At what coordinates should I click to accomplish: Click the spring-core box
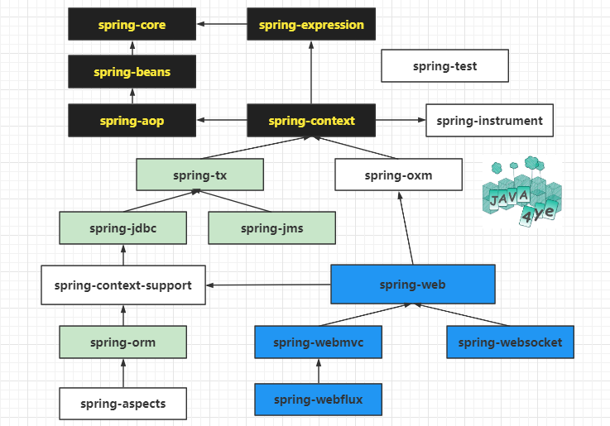click(x=132, y=24)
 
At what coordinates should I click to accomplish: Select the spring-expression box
click(x=311, y=24)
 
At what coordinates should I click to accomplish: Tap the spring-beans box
click(x=132, y=71)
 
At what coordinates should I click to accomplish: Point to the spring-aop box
click(x=132, y=121)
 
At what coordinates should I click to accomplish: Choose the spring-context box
click(x=311, y=121)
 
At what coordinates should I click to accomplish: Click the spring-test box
click(x=444, y=65)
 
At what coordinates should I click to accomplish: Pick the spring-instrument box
click(x=489, y=121)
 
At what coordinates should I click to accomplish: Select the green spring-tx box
click(x=199, y=175)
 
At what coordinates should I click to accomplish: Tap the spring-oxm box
click(x=398, y=175)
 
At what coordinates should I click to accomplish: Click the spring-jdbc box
click(x=123, y=228)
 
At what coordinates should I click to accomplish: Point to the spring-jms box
click(x=272, y=228)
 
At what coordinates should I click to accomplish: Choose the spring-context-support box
click(x=123, y=285)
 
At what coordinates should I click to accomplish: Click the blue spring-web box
click(x=413, y=284)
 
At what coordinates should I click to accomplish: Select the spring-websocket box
click(x=510, y=342)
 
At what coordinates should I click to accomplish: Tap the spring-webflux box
click(x=318, y=400)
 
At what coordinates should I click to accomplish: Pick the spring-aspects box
click(x=123, y=404)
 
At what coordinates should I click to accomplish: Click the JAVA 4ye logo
click(x=522, y=191)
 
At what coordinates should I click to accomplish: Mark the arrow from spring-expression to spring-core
click(x=222, y=24)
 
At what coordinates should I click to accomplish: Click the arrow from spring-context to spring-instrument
click(x=401, y=120)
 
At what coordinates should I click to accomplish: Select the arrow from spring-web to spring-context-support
click(x=268, y=285)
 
